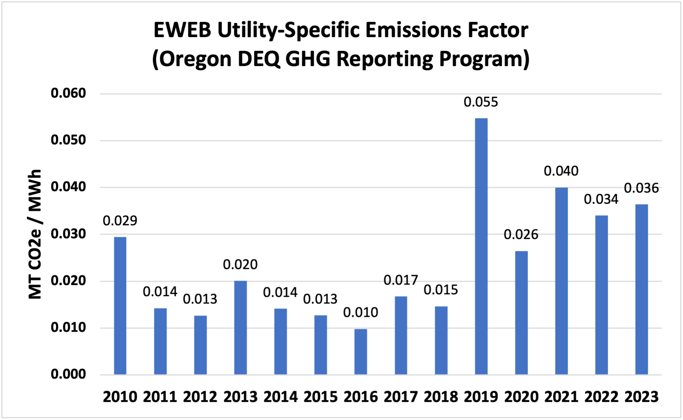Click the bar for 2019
tap(481, 246)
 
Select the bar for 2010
tap(120, 306)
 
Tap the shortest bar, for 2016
tap(360, 352)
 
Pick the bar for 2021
tap(561, 281)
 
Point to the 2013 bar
tap(240, 328)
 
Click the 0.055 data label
tap(481, 102)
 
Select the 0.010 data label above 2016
tap(360, 312)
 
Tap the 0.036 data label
tap(641, 188)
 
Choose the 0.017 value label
tap(400, 280)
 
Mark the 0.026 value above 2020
tap(521, 234)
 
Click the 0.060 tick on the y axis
tap(68, 93)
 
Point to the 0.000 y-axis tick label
tap(68, 374)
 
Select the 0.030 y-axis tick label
tap(68, 234)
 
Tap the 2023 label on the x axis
tap(641, 397)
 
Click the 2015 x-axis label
tap(320, 397)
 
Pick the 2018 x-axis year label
tap(441, 397)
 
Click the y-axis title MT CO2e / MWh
tap(35, 234)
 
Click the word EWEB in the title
tap(182, 30)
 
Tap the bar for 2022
tap(601, 295)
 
